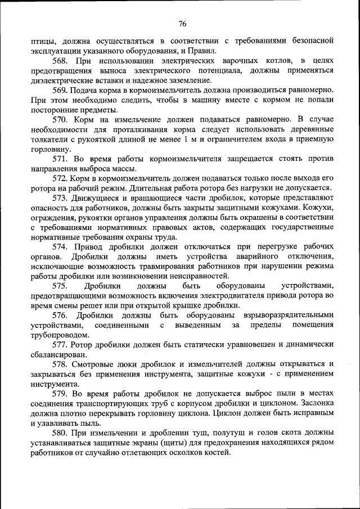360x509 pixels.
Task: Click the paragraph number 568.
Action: [x=61, y=60]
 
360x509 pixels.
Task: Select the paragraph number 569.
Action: [x=61, y=90]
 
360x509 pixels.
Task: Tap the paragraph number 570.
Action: [x=61, y=120]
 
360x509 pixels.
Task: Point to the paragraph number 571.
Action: [x=61, y=159]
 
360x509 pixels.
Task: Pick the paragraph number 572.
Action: [x=61, y=179]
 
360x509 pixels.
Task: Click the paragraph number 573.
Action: [x=61, y=198]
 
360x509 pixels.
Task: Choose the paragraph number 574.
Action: [x=61, y=247]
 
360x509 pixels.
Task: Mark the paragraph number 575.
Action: [x=61, y=286]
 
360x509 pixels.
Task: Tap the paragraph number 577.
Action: [x=61, y=344]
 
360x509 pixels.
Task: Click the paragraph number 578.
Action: [x=61, y=364]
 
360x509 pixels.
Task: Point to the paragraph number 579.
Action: [x=61, y=393]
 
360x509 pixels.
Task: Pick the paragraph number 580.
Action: [x=61, y=433]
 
